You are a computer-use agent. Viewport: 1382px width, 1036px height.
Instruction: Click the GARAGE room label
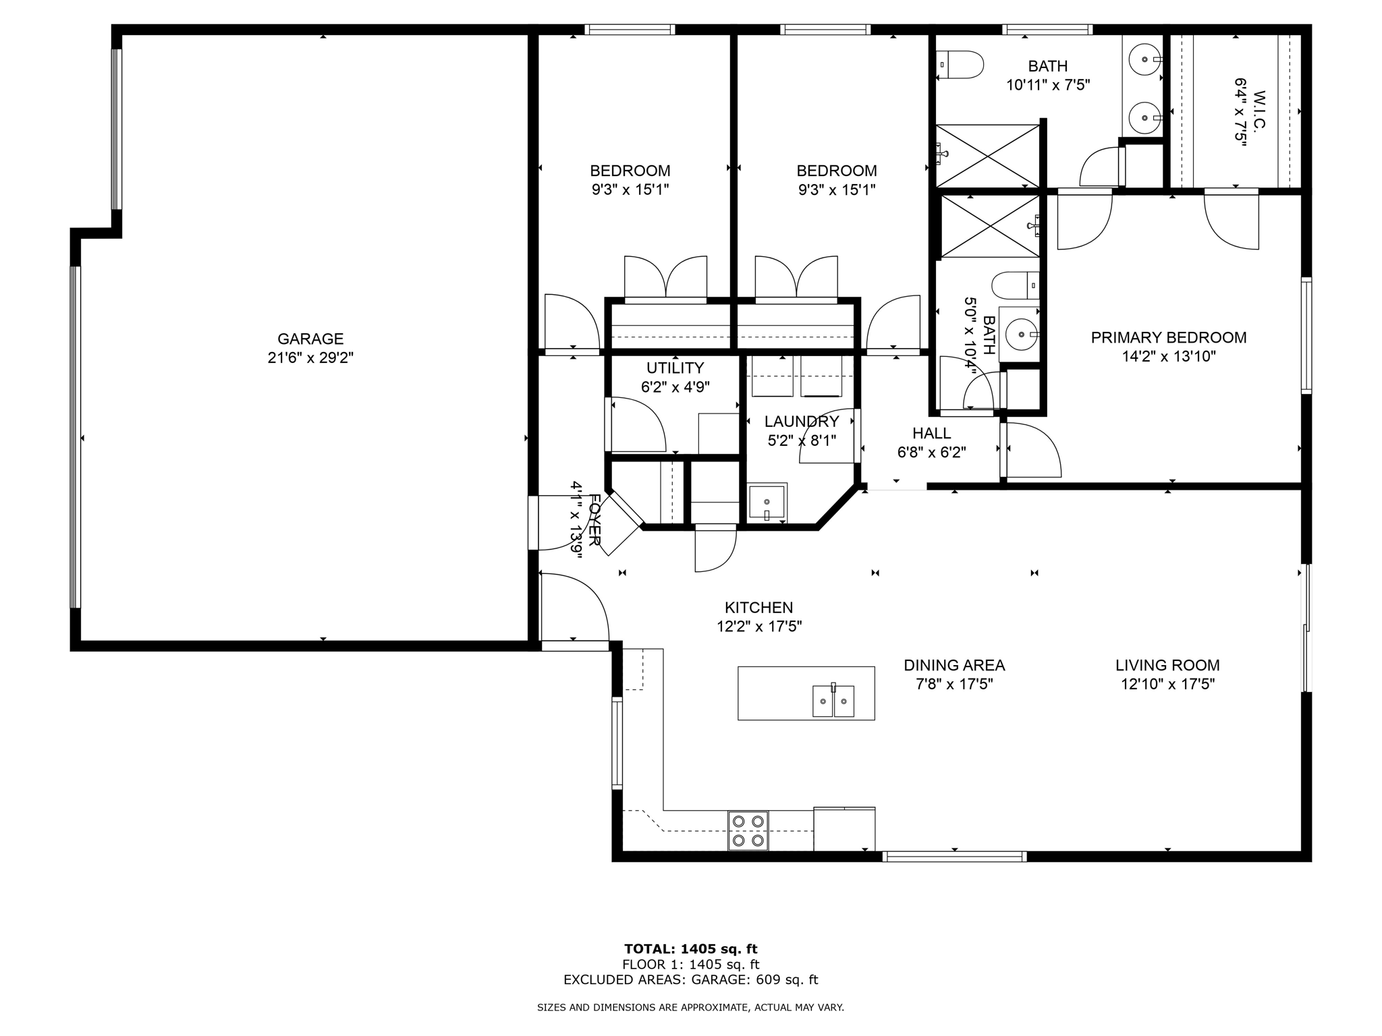pos(310,339)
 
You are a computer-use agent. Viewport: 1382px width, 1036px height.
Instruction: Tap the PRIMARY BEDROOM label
pos(1168,337)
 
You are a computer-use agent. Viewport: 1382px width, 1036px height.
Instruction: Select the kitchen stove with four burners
pos(748,830)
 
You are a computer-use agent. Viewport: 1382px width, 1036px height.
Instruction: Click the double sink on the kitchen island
pos(833,701)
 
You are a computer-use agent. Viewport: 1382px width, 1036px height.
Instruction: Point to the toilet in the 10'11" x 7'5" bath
pos(960,65)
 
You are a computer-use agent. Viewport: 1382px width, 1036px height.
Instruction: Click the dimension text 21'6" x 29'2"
pos(310,357)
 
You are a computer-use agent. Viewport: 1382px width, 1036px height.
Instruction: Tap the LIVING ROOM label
pos(1167,665)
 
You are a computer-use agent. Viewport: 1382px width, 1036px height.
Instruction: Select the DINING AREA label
pos(954,665)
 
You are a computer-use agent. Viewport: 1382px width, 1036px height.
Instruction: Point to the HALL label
pos(931,433)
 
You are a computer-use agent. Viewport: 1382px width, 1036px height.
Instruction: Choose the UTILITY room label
pos(675,368)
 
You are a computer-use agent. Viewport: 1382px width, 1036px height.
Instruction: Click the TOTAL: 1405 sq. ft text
pos(690,949)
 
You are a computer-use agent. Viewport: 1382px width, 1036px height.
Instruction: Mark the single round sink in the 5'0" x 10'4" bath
pos(1019,333)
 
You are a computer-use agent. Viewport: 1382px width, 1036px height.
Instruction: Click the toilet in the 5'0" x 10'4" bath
pos(1015,285)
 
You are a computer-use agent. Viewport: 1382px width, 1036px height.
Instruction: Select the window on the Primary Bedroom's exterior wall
pos(1306,335)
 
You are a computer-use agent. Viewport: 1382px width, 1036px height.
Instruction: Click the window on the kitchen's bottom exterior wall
pos(954,857)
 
